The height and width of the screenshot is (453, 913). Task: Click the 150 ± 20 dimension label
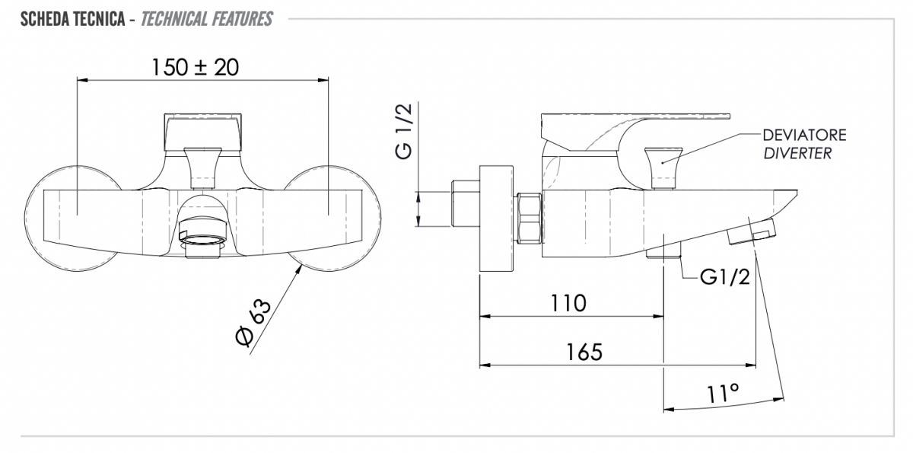(196, 67)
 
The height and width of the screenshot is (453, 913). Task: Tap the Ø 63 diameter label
(253, 323)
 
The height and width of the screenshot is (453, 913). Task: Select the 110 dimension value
(568, 303)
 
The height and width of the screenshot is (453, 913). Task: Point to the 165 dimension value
(584, 352)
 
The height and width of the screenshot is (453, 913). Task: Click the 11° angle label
(722, 394)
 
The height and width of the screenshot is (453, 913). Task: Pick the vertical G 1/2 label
(403, 131)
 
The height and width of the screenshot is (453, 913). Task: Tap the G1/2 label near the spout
(725, 277)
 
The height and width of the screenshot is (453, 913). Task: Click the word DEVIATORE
(804, 135)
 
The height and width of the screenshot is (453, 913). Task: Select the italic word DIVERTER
(797, 153)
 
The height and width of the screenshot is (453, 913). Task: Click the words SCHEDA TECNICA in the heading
(72, 19)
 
